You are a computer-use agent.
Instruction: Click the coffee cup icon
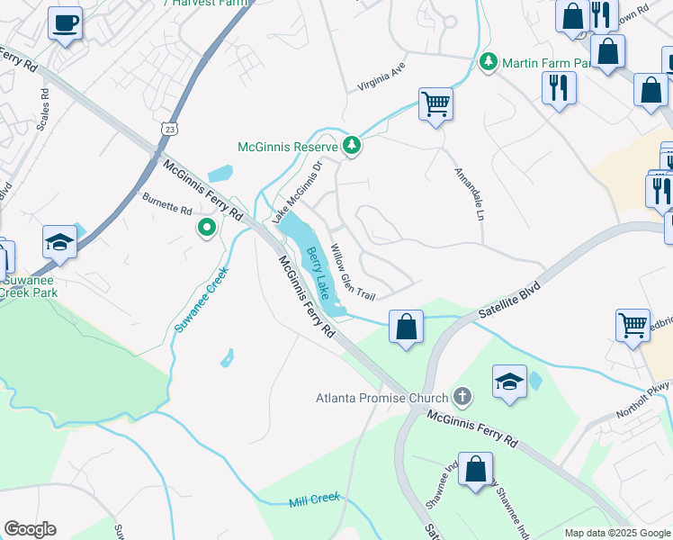[x=65, y=23]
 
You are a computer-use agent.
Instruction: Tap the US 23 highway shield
[x=172, y=130]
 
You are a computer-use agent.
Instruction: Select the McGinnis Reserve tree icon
[x=352, y=146]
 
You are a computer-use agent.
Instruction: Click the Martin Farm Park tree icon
[x=489, y=62]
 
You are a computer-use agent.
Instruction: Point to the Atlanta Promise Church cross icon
[x=462, y=396]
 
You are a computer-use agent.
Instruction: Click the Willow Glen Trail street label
[x=352, y=271]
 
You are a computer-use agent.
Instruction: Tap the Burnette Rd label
[x=167, y=203]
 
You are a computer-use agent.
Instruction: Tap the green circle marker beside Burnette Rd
[x=207, y=228]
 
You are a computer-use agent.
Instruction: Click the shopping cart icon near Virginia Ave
[x=435, y=103]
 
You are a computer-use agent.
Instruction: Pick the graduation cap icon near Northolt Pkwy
[x=509, y=381]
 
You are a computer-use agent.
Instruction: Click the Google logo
[x=30, y=529]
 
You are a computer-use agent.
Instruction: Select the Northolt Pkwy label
[x=643, y=399]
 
